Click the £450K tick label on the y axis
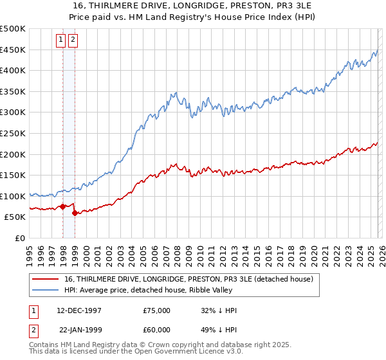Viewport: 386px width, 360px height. point(13,50)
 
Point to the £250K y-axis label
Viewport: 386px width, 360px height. point(13,133)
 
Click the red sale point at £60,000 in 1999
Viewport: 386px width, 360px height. point(75,213)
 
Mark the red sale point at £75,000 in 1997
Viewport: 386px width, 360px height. point(63,206)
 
